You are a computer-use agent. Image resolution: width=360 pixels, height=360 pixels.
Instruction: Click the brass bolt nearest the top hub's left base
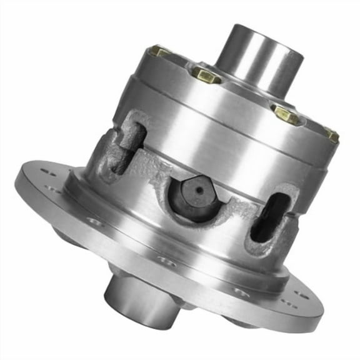206,74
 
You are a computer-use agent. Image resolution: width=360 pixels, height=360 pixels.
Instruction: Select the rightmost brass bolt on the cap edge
331,134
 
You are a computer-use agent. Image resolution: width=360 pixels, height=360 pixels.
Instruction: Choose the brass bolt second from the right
286,114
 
